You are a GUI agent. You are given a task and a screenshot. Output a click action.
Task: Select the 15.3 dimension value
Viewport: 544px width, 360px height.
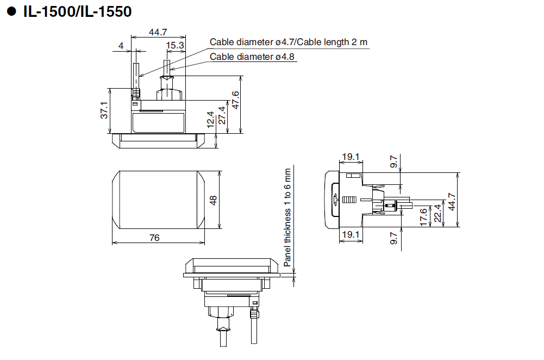point(175,46)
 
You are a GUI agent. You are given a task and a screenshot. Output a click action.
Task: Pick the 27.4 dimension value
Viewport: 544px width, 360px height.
point(221,115)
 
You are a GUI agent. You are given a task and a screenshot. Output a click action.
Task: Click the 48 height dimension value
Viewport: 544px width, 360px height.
point(213,200)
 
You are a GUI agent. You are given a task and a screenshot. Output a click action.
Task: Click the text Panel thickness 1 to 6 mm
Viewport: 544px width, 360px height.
point(287,217)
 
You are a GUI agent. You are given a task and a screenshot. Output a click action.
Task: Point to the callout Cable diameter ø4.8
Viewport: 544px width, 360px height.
point(253,57)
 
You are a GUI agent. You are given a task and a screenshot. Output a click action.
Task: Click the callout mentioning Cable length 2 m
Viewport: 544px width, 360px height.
point(289,42)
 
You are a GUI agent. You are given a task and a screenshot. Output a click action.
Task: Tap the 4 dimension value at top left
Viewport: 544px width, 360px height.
point(121,46)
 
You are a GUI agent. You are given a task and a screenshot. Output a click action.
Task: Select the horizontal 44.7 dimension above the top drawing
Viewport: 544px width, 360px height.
point(158,32)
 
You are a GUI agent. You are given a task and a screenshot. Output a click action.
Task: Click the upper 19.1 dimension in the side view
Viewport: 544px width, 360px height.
point(350,157)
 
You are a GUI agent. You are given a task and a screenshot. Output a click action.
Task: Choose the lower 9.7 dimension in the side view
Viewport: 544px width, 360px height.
point(394,238)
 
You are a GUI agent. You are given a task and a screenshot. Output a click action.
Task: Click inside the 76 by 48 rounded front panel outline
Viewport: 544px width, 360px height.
point(158,200)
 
